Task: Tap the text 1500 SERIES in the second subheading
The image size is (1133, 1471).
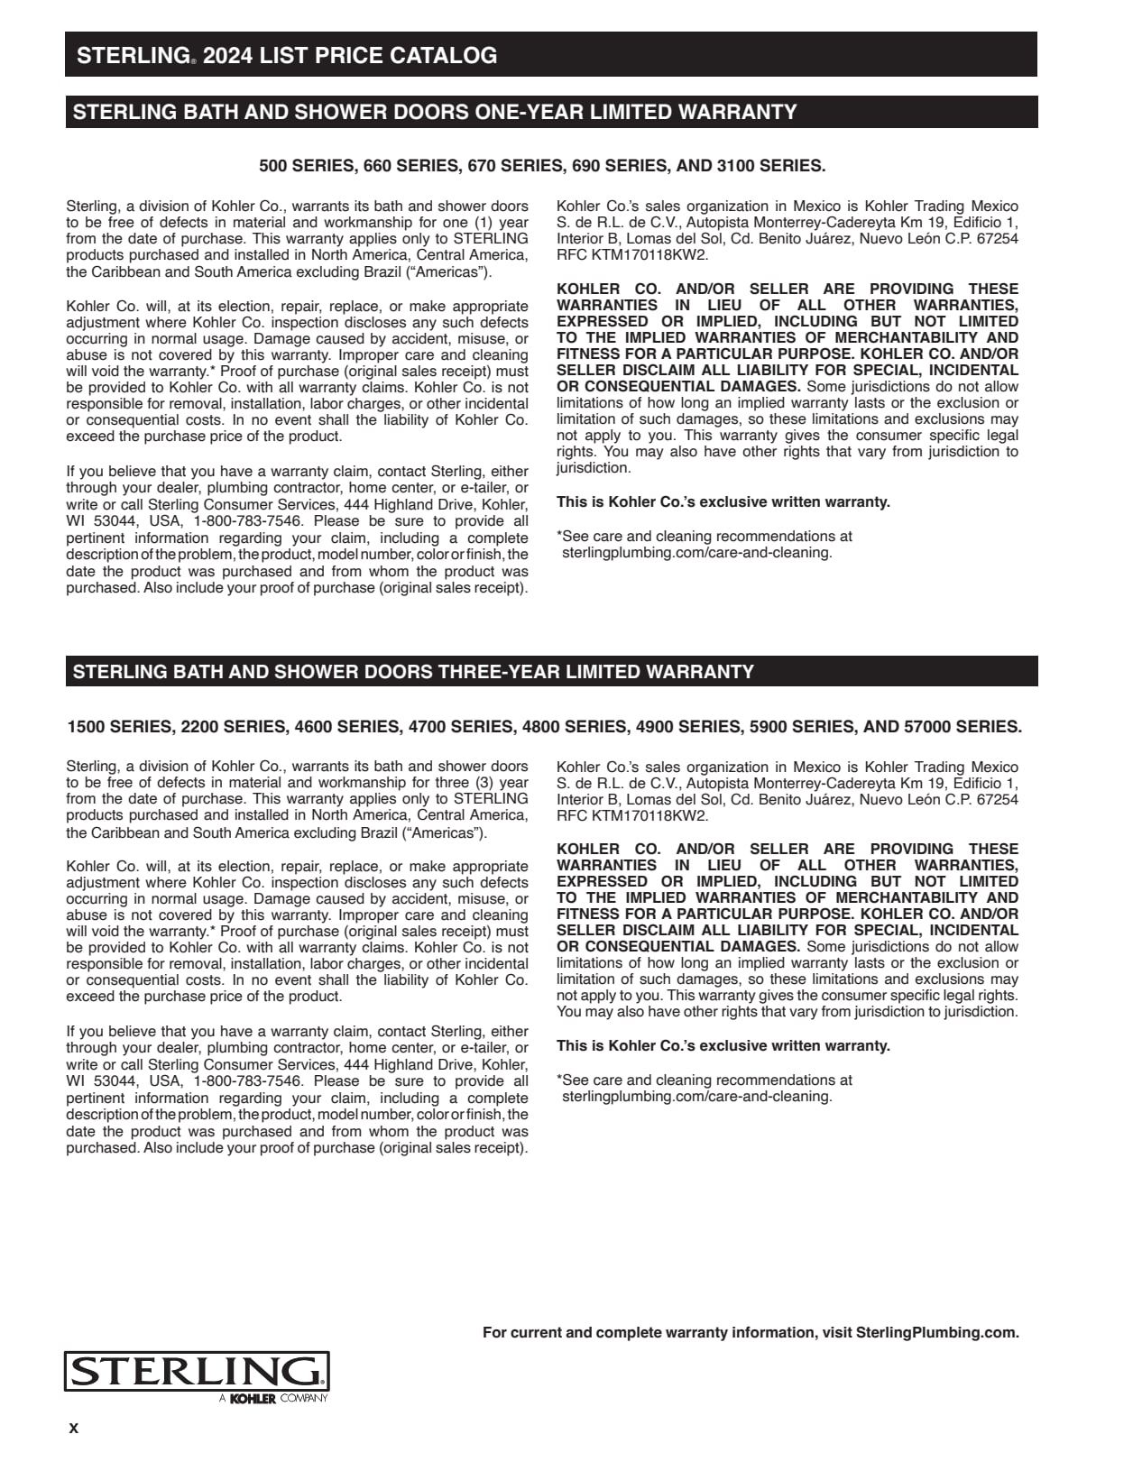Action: point(118,727)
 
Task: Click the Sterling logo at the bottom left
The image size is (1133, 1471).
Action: point(196,1373)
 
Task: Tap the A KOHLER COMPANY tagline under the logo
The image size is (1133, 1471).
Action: point(272,1399)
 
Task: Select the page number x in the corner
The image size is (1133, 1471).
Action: point(74,1429)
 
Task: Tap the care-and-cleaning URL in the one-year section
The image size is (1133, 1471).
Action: point(696,553)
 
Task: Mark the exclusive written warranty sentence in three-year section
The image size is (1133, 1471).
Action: point(723,1046)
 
